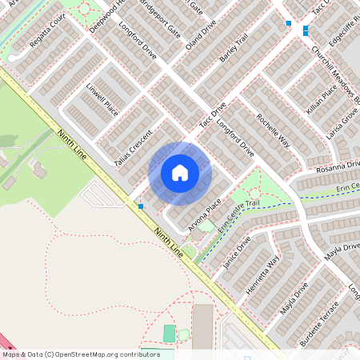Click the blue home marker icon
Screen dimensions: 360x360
(x=180, y=173)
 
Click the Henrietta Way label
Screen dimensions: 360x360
(x=263, y=276)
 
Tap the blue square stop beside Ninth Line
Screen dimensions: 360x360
(x=141, y=206)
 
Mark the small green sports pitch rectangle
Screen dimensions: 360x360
(x=169, y=333)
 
